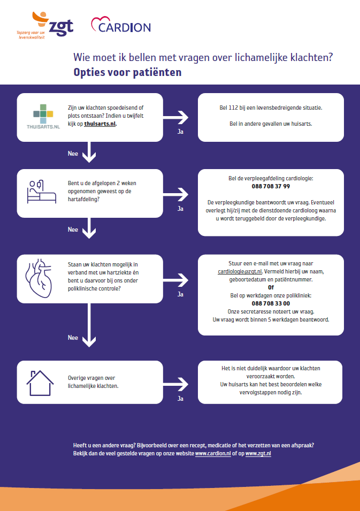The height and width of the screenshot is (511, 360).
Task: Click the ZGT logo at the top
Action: (x=45, y=26)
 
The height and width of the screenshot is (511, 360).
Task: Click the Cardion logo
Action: (x=121, y=25)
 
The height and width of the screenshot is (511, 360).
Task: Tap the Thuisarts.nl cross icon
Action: (x=43, y=114)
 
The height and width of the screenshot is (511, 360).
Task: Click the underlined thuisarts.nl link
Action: (x=99, y=124)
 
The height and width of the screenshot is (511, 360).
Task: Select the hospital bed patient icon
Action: (x=41, y=192)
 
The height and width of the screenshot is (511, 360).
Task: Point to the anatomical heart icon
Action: (x=39, y=278)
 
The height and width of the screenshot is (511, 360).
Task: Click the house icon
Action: (x=40, y=383)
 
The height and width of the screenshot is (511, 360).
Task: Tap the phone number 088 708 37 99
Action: (x=271, y=186)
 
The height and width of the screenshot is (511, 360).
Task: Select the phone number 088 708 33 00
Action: (x=271, y=303)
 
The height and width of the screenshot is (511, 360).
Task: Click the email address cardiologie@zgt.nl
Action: (x=240, y=271)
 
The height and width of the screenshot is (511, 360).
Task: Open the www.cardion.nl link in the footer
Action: (x=213, y=453)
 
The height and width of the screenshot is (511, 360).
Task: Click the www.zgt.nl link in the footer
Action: (x=258, y=453)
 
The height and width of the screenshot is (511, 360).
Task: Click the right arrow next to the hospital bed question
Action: (x=175, y=195)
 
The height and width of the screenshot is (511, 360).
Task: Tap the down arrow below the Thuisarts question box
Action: (x=89, y=152)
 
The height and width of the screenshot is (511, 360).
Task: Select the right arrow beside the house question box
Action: (x=175, y=384)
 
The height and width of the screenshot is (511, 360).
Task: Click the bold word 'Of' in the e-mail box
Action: (x=271, y=287)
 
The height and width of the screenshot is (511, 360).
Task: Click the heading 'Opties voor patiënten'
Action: (x=127, y=72)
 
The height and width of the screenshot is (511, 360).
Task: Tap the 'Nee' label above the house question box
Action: (x=73, y=338)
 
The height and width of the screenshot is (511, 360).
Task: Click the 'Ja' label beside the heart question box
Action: (x=180, y=294)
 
